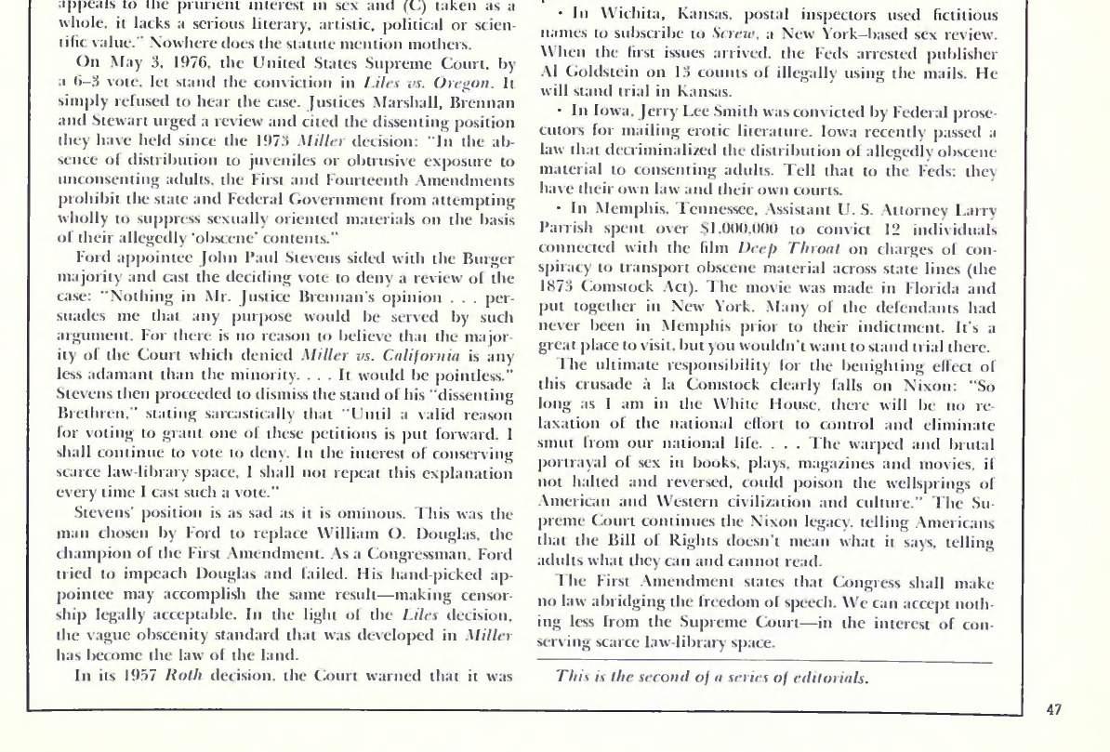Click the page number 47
pyautogui.click(x=1053, y=710)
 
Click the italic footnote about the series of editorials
pyautogui.click(x=711, y=677)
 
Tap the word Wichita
pyautogui.click(x=637, y=16)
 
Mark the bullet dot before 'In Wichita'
pyautogui.click(x=560, y=16)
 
